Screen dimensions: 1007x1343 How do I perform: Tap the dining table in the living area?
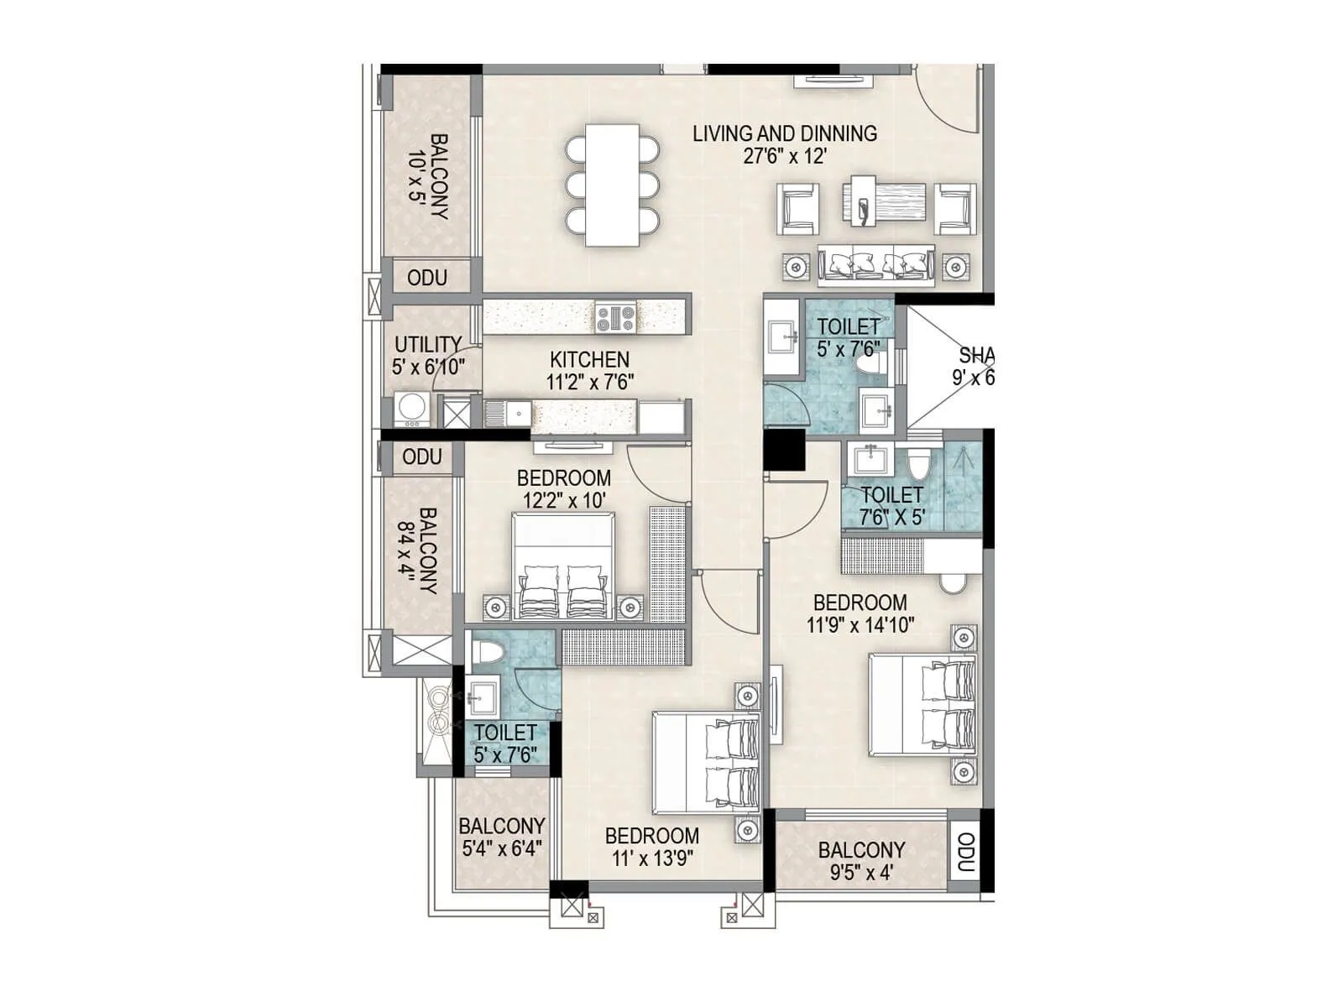click(612, 185)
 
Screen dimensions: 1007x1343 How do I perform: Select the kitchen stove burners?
click(615, 318)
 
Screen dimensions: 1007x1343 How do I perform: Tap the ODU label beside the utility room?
click(426, 278)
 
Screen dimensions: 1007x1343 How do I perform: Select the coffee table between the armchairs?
click(885, 201)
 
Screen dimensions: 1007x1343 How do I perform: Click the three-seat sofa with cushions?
click(876, 265)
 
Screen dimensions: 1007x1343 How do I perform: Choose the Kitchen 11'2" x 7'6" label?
click(589, 370)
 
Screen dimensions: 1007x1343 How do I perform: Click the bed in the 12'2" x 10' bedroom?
click(563, 566)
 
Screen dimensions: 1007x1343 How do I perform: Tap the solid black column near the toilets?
click(784, 450)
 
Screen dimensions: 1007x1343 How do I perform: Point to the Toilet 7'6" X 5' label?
click(891, 506)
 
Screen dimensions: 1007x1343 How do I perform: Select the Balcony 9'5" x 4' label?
click(861, 861)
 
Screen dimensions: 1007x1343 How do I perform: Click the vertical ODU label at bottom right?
click(965, 853)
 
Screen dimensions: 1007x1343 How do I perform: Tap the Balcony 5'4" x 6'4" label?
click(502, 837)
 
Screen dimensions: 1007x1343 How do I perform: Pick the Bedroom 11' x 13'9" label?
click(651, 847)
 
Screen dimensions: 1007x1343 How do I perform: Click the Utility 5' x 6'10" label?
click(428, 355)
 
